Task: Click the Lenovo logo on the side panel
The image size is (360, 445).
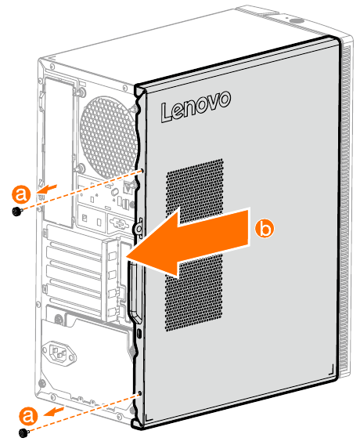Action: tap(196, 107)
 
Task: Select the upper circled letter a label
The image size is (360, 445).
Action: tap(21, 194)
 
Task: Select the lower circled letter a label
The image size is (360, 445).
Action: tap(28, 416)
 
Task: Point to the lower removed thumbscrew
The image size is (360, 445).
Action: tap(23, 432)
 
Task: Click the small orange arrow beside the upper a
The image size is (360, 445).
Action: tap(47, 189)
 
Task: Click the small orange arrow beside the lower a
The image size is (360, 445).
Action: tap(54, 412)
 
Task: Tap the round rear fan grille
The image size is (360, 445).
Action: tap(108, 137)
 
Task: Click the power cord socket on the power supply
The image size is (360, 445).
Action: tap(59, 354)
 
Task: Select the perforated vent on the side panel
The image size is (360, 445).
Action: tap(194, 245)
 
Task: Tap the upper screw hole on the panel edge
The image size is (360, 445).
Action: tap(142, 171)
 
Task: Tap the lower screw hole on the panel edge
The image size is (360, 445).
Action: tap(139, 393)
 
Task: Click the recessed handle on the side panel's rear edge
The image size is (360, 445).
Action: tap(133, 292)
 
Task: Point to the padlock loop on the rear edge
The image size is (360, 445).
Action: tap(139, 227)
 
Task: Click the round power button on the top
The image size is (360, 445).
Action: tap(297, 21)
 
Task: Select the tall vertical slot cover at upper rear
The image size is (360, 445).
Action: tap(57, 151)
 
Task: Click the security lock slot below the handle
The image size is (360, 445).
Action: tap(139, 334)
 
